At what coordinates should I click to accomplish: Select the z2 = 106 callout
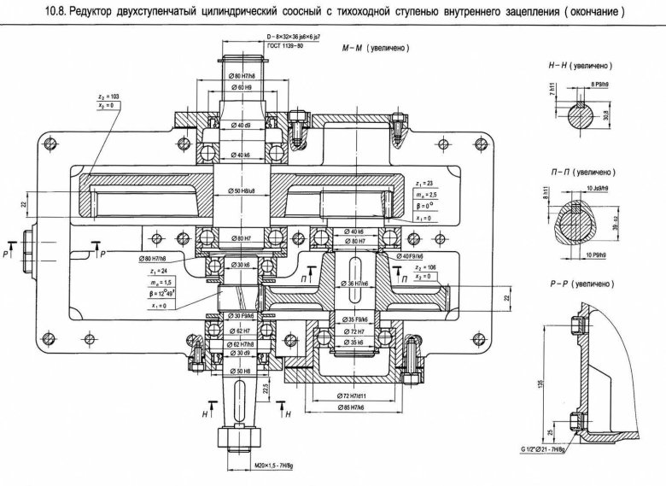tap(424, 266)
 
